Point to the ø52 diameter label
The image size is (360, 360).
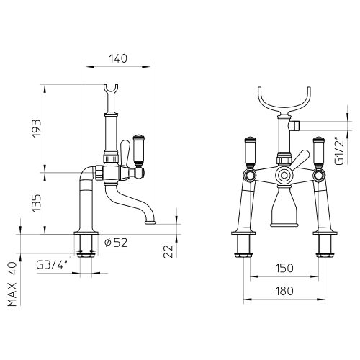tap(117, 243)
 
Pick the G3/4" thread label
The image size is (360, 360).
tap(51, 264)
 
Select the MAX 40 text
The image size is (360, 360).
tap(12, 285)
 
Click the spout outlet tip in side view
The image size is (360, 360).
tap(151, 221)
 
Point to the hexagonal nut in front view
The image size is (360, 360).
tap(282, 174)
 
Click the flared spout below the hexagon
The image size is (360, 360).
tap(282, 209)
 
